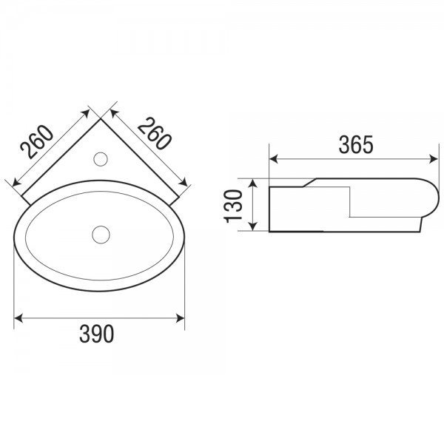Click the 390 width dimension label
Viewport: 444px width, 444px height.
point(96,334)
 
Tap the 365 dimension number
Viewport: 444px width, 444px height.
point(356,145)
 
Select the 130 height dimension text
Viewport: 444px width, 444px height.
point(233,206)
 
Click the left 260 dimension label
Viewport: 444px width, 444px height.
point(36,141)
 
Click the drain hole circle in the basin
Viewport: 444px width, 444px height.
point(101,234)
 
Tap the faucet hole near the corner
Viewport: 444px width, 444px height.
point(101,159)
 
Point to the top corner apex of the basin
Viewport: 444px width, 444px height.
point(100,119)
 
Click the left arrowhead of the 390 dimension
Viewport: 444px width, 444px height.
point(18,318)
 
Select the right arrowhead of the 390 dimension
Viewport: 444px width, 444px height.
point(181,318)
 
